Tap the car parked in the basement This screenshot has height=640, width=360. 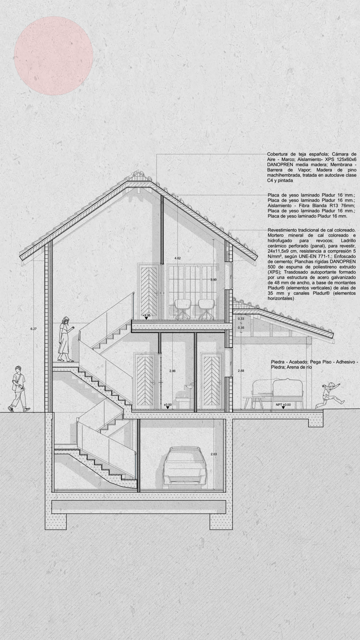(186, 466)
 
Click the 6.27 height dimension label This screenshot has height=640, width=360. (34, 328)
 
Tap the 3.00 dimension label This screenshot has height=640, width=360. (213, 280)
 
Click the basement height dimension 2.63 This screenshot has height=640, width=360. (213, 454)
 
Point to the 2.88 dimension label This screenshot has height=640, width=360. (241, 371)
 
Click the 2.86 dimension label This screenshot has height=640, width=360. (172, 371)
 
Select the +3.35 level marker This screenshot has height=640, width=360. (146, 316)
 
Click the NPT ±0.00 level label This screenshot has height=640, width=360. (283, 405)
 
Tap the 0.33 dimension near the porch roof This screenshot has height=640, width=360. (241, 319)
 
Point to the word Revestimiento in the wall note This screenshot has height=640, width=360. (284, 230)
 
